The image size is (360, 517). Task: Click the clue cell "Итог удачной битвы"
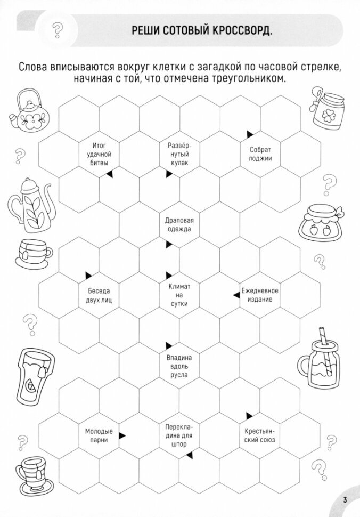(x=100, y=154)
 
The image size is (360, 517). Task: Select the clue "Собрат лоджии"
(x=260, y=154)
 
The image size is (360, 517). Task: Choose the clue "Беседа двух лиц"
(x=100, y=295)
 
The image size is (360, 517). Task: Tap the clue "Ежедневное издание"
(x=260, y=295)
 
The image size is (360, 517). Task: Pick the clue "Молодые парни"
(x=99, y=435)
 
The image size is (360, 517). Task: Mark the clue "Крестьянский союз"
(x=260, y=435)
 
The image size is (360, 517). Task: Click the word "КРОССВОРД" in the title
(x=241, y=30)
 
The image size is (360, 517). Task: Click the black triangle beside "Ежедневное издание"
(x=236, y=294)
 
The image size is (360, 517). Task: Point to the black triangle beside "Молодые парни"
(x=122, y=435)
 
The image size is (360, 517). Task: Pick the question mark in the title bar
(x=58, y=30)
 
